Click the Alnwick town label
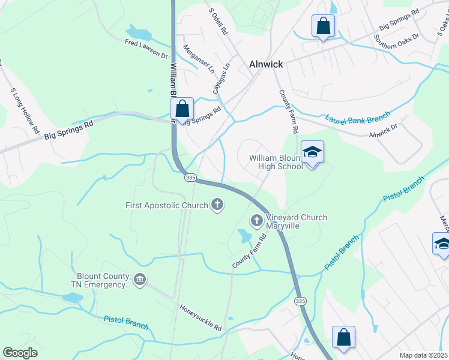point(266,65)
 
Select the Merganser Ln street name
point(198,59)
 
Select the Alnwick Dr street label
point(383,131)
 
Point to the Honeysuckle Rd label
point(200,317)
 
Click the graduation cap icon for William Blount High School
point(312,152)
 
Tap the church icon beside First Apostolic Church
point(217,206)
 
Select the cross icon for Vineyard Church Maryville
point(256,221)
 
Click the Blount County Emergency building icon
point(140,280)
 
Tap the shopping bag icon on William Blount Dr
point(182,110)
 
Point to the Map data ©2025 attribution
point(423,355)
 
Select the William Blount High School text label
point(277,162)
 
